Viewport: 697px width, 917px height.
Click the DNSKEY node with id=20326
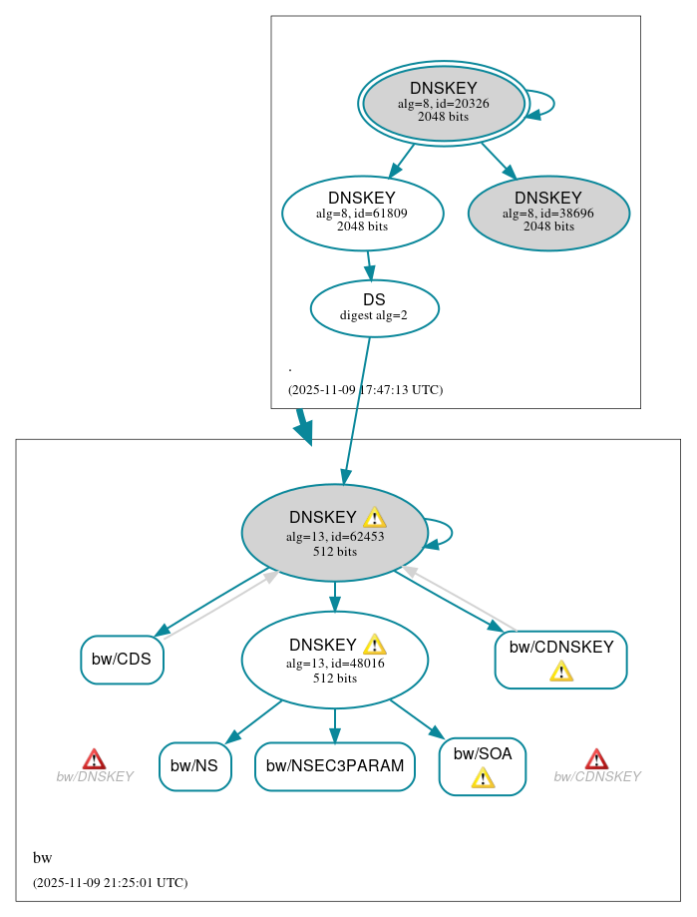click(444, 103)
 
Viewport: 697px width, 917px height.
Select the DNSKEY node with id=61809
click(362, 213)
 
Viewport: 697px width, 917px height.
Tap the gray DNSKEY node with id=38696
click(548, 213)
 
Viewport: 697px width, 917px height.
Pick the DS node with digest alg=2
click(374, 308)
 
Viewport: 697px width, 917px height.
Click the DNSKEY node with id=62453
click(334, 533)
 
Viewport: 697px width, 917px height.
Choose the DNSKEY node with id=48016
click(334, 660)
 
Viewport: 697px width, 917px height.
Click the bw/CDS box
click(122, 660)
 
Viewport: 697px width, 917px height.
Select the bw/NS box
click(194, 766)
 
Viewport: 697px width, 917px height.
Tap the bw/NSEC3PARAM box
click(334, 766)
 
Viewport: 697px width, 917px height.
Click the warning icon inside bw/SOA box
click(483, 778)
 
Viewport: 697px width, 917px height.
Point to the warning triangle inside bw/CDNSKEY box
click(561, 671)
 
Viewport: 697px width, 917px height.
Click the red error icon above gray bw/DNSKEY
click(94, 759)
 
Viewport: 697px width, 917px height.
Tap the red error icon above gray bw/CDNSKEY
click(596, 759)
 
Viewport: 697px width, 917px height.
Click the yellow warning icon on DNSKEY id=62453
click(374, 517)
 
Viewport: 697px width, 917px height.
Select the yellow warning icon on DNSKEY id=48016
click(374, 645)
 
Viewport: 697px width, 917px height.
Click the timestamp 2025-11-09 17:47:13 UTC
click(365, 390)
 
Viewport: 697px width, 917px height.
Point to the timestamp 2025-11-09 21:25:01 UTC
click(110, 883)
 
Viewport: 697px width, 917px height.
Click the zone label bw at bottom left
click(42, 858)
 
